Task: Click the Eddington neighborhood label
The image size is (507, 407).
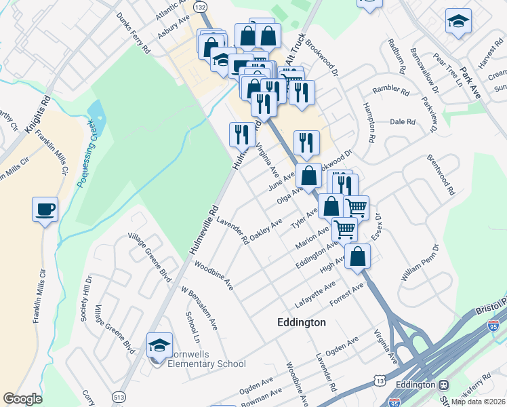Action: click(302, 322)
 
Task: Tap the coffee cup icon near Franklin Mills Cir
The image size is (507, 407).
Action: click(45, 209)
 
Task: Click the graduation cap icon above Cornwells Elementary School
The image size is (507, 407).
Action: click(160, 345)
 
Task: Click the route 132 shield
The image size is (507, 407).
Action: click(201, 6)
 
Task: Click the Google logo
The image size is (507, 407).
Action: click(22, 399)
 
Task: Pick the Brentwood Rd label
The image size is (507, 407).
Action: click(441, 175)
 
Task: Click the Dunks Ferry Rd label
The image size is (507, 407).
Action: click(133, 32)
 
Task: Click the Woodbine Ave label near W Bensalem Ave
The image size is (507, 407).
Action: click(214, 274)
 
